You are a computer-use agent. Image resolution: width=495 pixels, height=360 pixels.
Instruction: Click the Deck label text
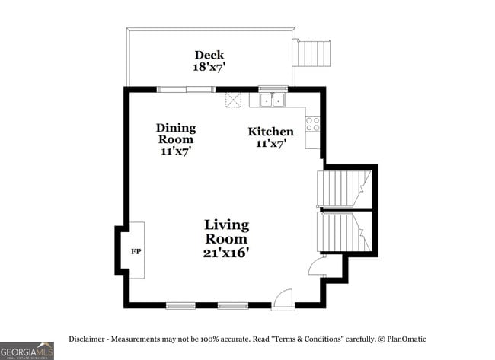click(x=209, y=55)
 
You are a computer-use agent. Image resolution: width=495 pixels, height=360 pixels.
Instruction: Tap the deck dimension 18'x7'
click(x=209, y=67)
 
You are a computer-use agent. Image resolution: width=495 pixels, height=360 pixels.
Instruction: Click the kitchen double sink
click(x=272, y=100)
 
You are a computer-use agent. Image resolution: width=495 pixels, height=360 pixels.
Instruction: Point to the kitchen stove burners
click(x=312, y=123)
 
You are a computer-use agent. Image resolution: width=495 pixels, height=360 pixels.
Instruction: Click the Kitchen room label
click(x=270, y=132)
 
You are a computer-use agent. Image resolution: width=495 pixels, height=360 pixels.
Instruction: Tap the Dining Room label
click(x=176, y=133)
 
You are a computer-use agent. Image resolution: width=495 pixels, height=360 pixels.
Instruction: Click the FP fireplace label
click(x=136, y=250)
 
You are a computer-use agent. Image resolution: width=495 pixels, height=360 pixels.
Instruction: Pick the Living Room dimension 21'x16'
click(x=226, y=253)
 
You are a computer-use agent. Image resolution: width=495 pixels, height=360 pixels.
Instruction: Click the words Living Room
click(x=226, y=231)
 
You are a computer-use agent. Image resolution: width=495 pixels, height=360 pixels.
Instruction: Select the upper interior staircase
click(x=343, y=187)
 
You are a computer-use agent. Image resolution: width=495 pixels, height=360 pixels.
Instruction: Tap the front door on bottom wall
click(x=282, y=299)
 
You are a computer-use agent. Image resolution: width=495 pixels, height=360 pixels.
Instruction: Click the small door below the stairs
click(x=315, y=266)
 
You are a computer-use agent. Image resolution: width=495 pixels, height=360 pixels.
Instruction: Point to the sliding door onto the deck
click(x=186, y=89)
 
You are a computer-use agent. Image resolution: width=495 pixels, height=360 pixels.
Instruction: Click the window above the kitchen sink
click(x=273, y=88)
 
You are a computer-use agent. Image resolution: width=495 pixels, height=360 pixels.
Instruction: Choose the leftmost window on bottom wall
click(x=180, y=306)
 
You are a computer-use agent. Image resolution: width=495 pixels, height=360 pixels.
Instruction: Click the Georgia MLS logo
click(x=27, y=350)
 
